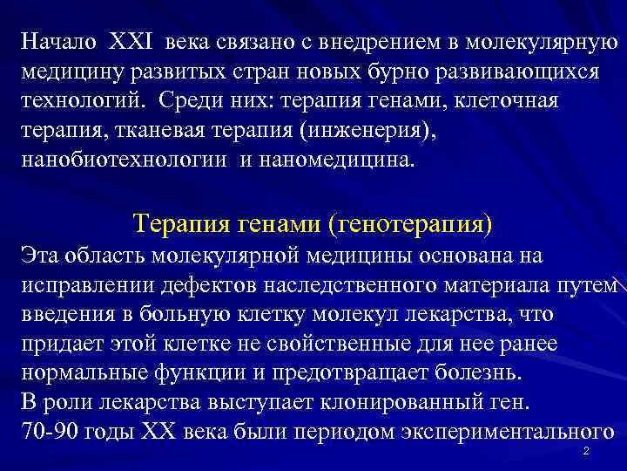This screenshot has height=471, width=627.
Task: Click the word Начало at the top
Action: tap(58, 41)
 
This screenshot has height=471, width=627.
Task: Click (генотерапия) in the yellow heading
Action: tap(410, 223)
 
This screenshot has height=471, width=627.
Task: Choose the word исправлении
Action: tap(78, 285)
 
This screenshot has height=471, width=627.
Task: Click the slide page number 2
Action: tap(585, 451)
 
